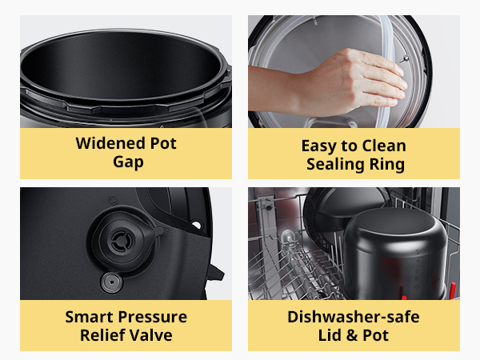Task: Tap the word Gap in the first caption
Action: [x=126, y=163]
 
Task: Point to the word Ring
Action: [x=386, y=164]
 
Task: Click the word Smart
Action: [x=88, y=317]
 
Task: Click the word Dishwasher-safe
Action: [x=354, y=317]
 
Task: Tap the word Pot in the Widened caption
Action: [x=161, y=144]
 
